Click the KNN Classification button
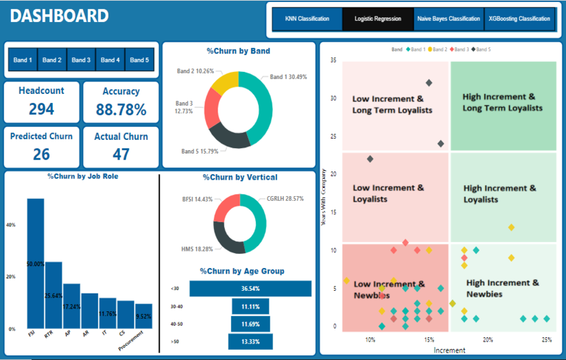[307, 19]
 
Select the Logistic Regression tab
[378, 19]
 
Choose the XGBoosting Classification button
[519, 19]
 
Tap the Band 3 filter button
[81, 60]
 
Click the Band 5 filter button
[139, 60]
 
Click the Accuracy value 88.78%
[121, 109]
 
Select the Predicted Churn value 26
[41, 154]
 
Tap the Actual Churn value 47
[121, 154]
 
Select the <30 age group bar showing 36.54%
[250, 289]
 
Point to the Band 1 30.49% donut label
[288, 77]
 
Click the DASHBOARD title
[60, 16]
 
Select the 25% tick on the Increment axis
[547, 339]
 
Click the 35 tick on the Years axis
[333, 60]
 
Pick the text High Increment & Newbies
[502, 288]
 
